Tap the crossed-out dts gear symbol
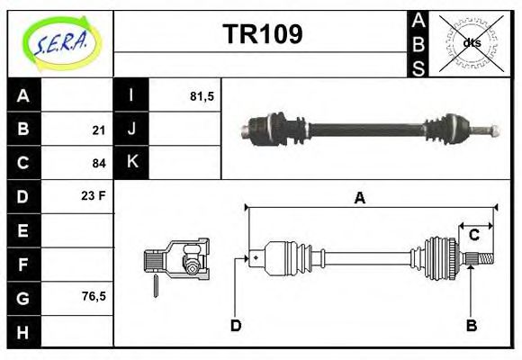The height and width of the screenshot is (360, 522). pos(471,43)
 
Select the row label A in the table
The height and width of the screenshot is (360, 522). pos(23,95)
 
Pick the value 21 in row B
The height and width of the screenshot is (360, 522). pos(99,130)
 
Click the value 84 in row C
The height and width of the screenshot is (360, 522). pos(99,163)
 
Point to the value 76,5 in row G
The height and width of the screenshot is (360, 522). pos(94,295)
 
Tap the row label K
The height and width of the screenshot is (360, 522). pos(131,162)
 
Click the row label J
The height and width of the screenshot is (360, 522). pos(131,130)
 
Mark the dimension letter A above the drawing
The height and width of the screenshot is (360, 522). pos(360,199)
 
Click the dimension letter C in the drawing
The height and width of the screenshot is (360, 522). pos(473,236)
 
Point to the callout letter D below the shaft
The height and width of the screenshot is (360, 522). pos(236,325)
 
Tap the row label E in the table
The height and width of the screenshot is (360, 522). pos(23,230)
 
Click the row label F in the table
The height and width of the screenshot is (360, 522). pos(23,264)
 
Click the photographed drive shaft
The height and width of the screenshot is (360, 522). pos(368,128)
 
